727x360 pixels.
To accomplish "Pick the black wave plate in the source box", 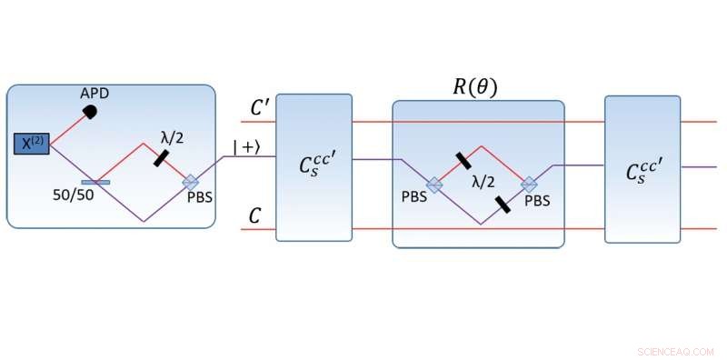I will pos(161,157).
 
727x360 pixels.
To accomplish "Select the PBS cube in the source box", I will pos(191,182).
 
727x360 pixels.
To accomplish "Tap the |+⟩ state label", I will pos(246,146).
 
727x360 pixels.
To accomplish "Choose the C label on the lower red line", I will pos(257,215).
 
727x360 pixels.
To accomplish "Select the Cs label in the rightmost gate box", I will pos(642,171).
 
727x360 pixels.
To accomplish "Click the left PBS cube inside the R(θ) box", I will pos(435,184).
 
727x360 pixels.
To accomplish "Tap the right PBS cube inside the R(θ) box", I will pos(529,184).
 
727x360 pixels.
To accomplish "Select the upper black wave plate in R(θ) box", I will pos(463,161).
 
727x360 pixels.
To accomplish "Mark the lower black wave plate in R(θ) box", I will pos(502,204).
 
